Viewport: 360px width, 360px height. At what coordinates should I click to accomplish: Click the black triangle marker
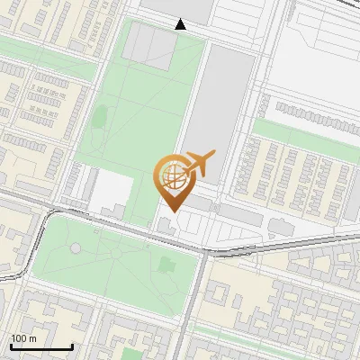tap(181, 24)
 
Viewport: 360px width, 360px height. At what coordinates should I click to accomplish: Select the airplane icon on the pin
tap(198, 165)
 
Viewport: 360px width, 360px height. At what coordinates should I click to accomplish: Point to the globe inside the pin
tap(172, 176)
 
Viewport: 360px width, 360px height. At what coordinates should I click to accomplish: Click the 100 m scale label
tap(22, 338)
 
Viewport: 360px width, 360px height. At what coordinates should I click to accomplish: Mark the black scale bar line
tap(41, 346)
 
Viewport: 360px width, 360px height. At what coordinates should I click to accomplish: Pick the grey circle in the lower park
tap(76, 247)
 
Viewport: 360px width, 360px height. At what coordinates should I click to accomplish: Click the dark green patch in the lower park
tap(166, 265)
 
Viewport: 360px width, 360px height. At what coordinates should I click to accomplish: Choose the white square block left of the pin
tap(112, 188)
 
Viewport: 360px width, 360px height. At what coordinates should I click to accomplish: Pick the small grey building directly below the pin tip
tap(170, 224)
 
